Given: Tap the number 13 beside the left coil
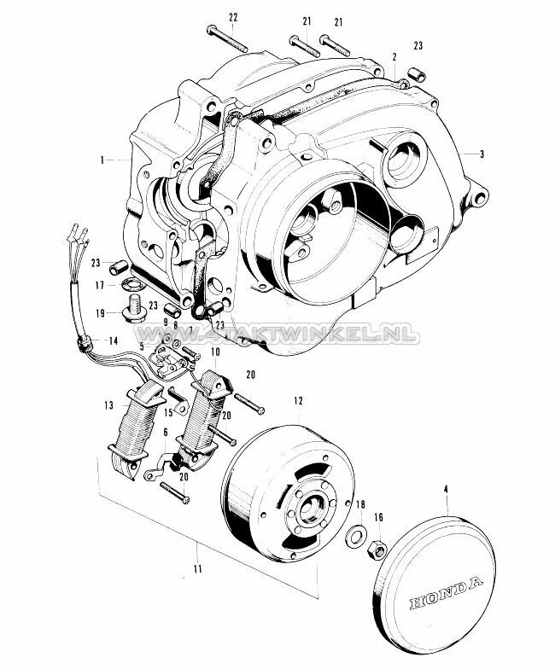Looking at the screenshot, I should (108, 405).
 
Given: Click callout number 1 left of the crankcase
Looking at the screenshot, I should (104, 160).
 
